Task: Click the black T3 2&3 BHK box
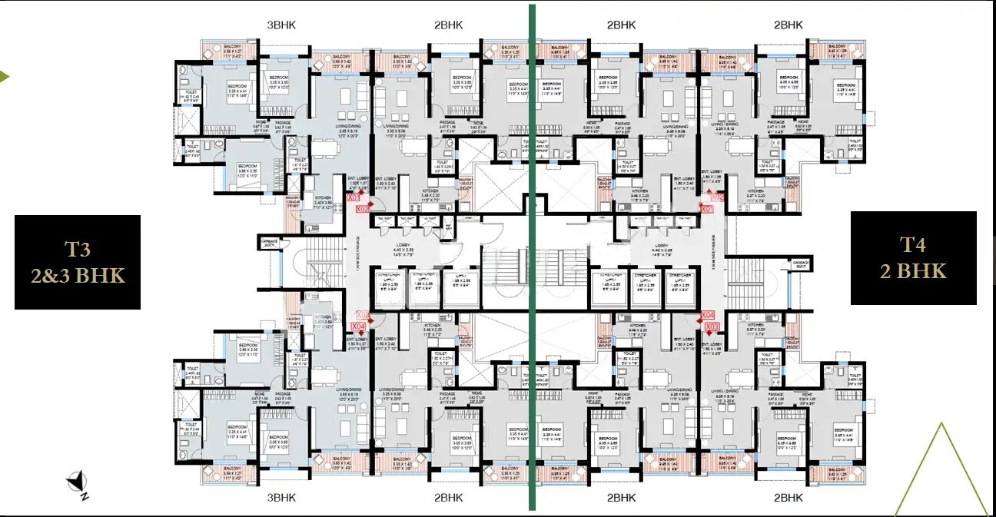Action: tap(78, 262)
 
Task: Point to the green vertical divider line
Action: tap(531, 257)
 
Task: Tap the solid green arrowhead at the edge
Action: tap(4, 76)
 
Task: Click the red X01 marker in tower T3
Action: tap(354, 197)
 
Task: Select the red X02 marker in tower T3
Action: tap(364, 207)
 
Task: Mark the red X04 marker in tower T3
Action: tap(358, 326)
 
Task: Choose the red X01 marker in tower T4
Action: tap(708, 208)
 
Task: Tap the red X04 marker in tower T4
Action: tap(708, 314)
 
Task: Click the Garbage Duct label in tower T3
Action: tap(269, 243)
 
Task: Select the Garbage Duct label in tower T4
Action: tap(801, 263)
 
